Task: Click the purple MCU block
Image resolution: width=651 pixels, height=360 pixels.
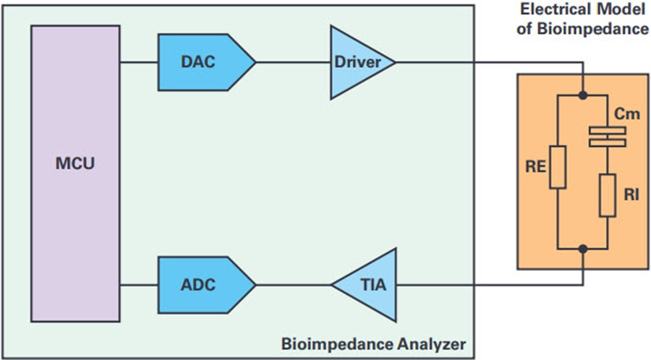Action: pyautogui.click(x=75, y=173)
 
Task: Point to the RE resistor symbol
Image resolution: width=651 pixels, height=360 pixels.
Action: pyautogui.click(x=557, y=168)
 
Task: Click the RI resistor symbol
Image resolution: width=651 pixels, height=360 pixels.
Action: pyautogui.click(x=607, y=194)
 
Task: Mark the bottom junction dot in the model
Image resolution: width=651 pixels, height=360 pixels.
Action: pyautogui.click(x=583, y=247)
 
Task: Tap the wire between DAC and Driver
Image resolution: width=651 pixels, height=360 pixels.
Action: pyautogui.click(x=294, y=62)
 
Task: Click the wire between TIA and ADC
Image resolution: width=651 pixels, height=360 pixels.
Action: pyautogui.click(x=294, y=286)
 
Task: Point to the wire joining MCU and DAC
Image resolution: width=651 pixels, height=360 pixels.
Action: pyautogui.click(x=139, y=62)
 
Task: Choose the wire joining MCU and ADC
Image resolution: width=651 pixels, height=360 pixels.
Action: pyautogui.click(x=139, y=286)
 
